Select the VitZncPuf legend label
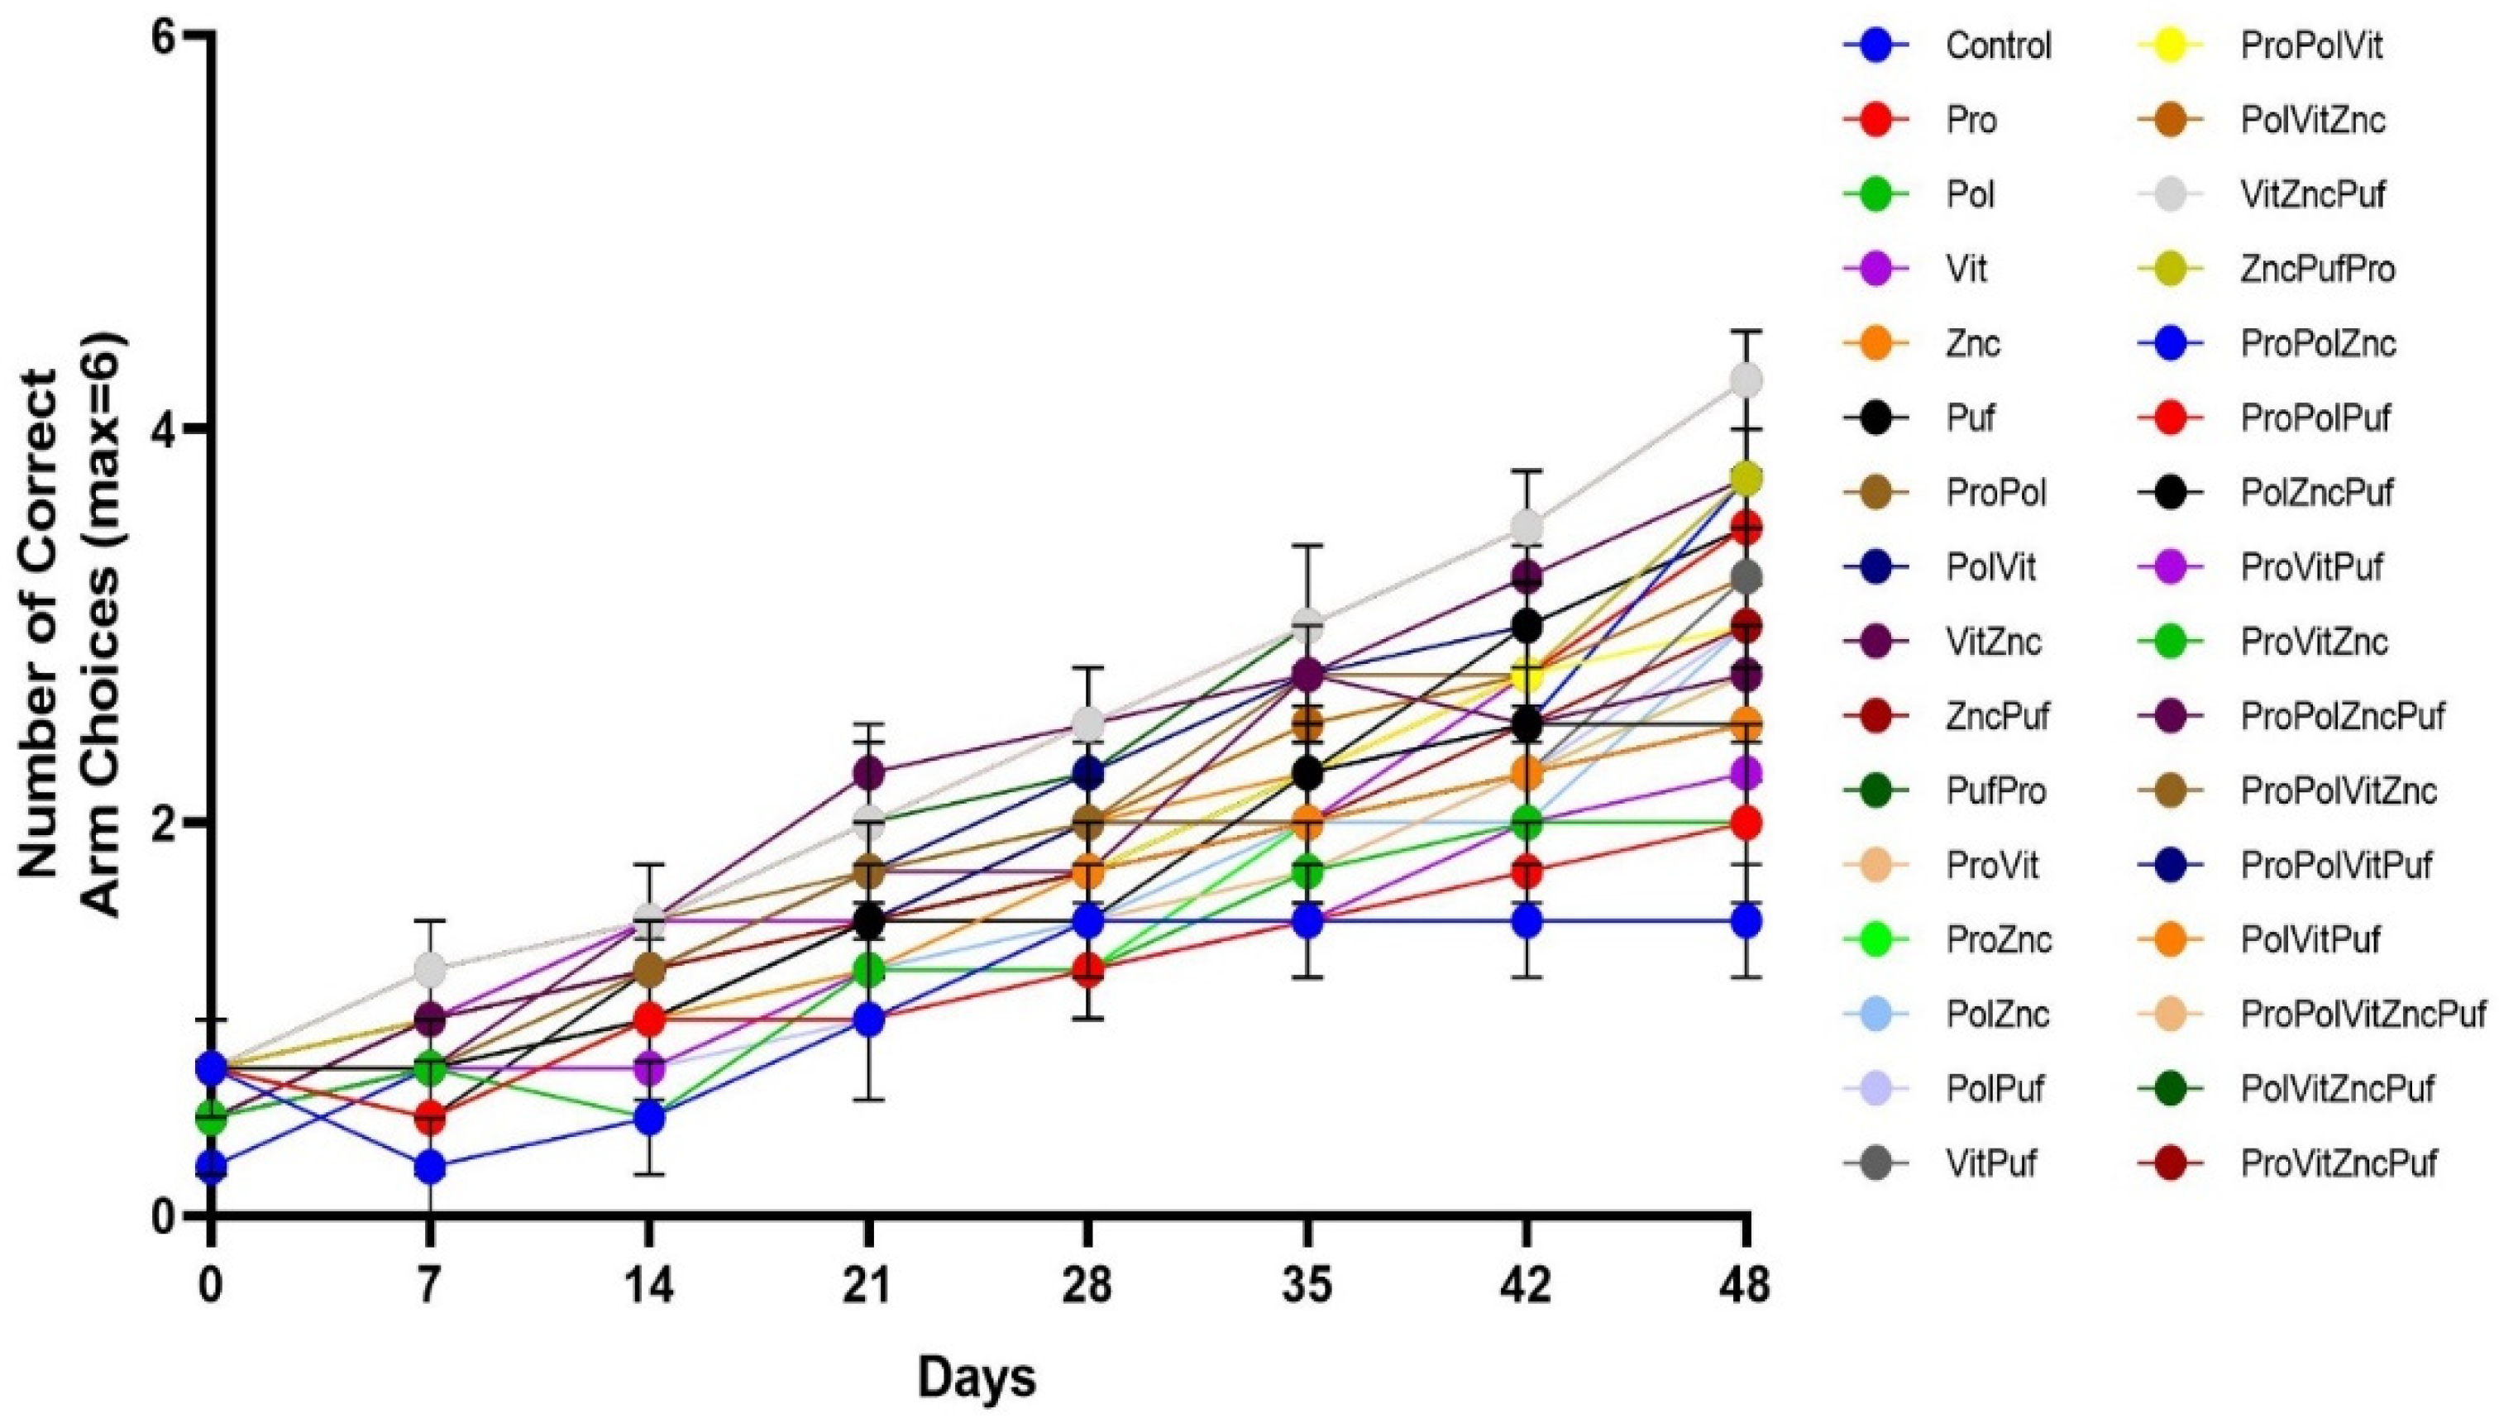(2312, 194)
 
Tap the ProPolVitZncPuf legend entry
(2363, 1015)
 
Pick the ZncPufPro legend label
(2317, 269)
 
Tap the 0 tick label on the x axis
(209, 1287)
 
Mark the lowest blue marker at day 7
(429, 1167)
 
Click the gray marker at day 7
(429, 970)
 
